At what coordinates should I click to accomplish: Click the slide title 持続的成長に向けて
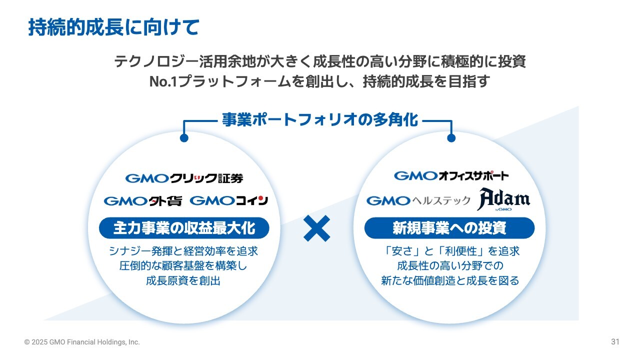[113, 27]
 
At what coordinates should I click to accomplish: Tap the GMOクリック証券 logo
[184, 178]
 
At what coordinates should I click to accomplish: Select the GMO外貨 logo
[143, 201]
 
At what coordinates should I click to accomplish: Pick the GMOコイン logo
[229, 200]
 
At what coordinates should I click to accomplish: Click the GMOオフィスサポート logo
[451, 175]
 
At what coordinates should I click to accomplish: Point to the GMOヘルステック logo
[418, 200]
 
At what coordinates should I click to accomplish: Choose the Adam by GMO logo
[503, 199]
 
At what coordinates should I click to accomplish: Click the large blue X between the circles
[316, 228]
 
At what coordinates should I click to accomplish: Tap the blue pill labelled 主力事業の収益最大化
[184, 228]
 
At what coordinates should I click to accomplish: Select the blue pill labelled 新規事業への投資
[449, 228]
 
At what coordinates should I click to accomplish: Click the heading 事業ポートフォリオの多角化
[320, 119]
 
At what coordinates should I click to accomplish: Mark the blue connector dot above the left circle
[184, 138]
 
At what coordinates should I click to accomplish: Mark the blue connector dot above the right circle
[451, 138]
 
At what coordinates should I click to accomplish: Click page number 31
[615, 341]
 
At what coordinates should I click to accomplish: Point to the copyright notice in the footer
[82, 342]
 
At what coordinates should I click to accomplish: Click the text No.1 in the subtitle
[163, 81]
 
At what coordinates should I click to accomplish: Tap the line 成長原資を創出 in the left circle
[183, 281]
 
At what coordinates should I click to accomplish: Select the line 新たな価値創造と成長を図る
[450, 281]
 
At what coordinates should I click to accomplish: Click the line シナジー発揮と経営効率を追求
[183, 251]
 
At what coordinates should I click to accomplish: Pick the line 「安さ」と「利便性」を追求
[451, 251]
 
